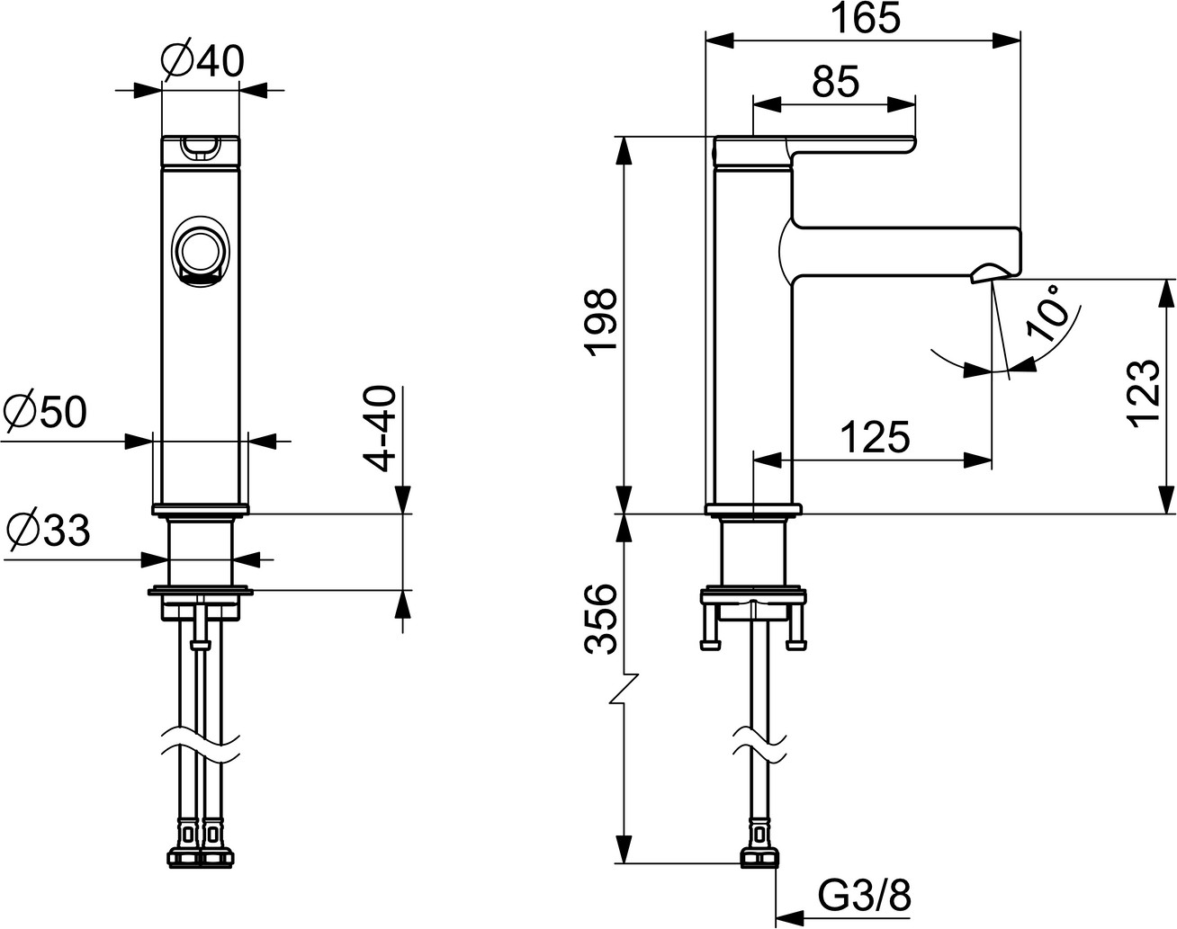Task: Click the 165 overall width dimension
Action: pos(866,18)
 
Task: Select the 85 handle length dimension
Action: pos(835,82)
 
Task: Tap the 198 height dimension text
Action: pos(601,323)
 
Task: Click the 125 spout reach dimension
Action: pos(875,437)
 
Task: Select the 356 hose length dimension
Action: pos(601,619)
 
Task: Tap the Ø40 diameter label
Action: pos(202,61)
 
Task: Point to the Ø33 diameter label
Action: pos(48,530)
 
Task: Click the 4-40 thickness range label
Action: pos(379,428)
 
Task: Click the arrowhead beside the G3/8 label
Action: pos(789,916)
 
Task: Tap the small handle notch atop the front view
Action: pos(201,147)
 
